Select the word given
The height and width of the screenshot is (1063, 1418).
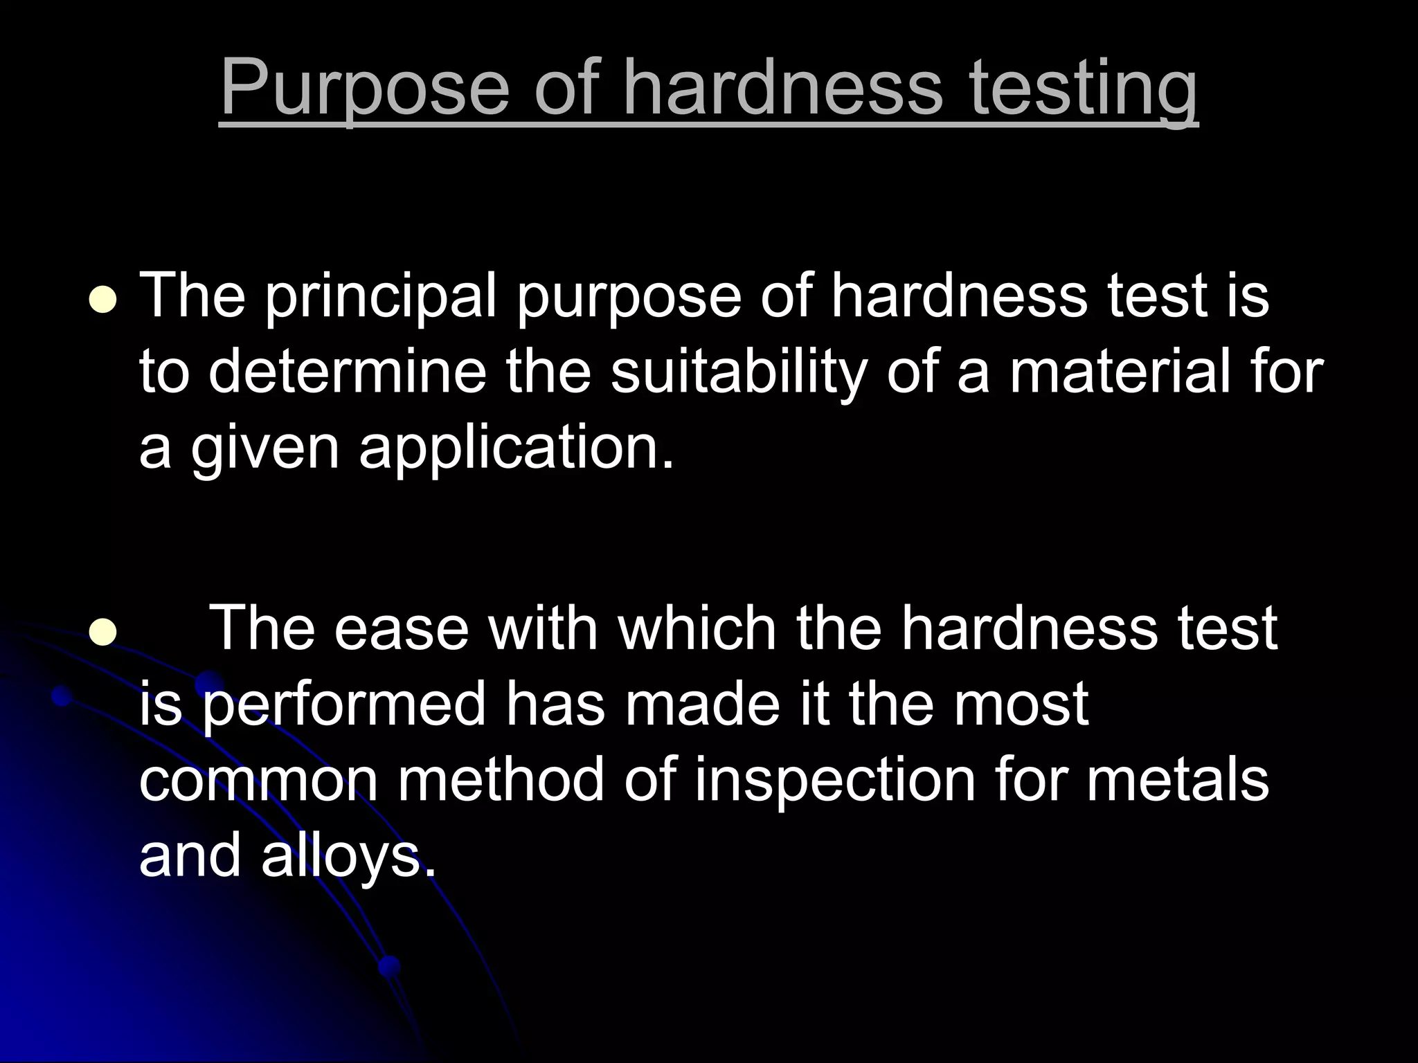[x=265, y=448]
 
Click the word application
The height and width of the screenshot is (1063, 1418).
[x=516, y=448]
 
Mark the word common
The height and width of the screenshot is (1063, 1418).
[x=258, y=781]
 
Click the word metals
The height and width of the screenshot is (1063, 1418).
[x=1177, y=781]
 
